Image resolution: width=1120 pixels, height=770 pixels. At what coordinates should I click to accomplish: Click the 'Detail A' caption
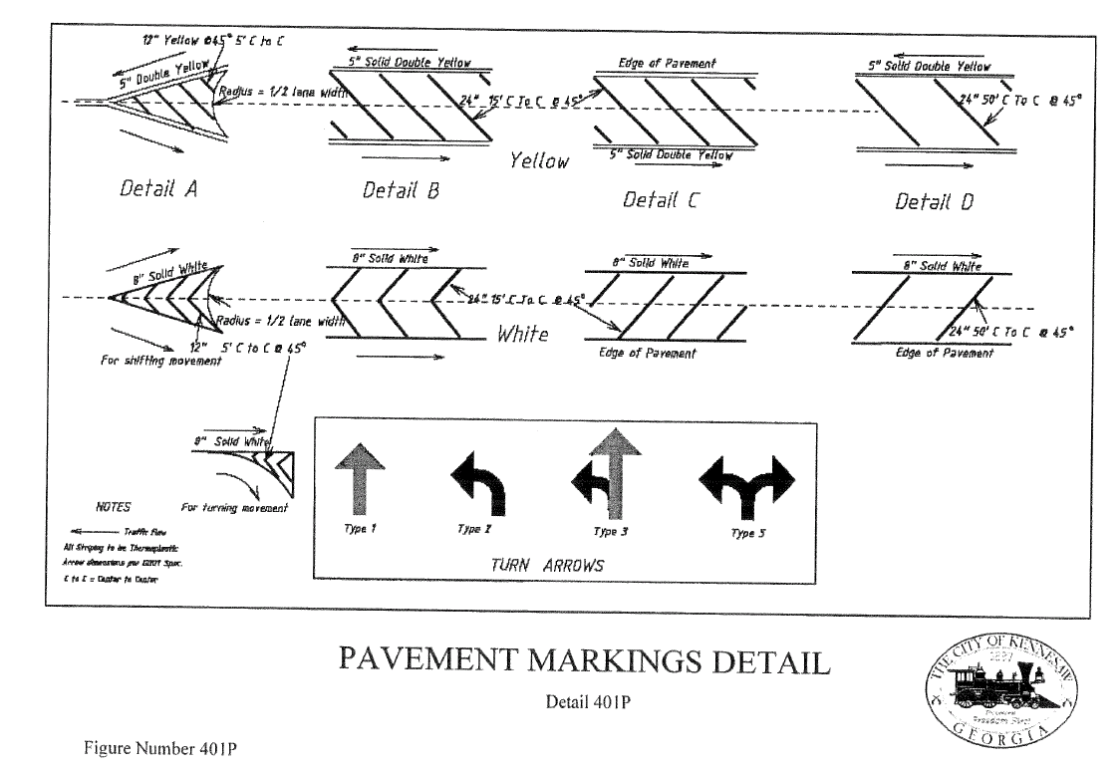154,185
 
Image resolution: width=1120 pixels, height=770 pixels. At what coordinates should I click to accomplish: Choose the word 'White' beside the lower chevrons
522,334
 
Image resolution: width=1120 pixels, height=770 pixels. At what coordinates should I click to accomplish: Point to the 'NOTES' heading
113,507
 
